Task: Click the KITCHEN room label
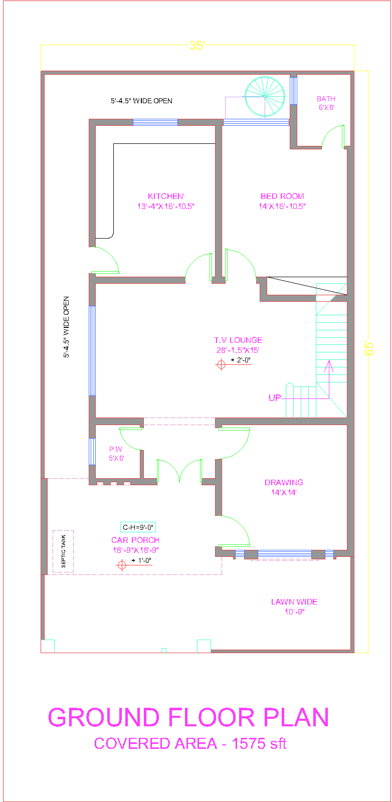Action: (166, 196)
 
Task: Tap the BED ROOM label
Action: (282, 196)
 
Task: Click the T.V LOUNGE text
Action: (238, 340)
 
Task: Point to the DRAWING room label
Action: (284, 483)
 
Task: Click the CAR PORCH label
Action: (135, 540)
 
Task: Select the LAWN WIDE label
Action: (294, 602)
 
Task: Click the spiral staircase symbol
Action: (265, 95)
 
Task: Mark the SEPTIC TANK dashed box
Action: (63, 551)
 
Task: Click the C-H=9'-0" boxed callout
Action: (138, 527)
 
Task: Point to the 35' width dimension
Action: (197, 46)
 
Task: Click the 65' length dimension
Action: (369, 348)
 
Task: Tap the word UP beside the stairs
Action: (275, 398)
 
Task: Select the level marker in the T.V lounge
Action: (221, 364)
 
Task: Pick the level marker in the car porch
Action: (121, 565)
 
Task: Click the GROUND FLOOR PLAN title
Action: (188, 717)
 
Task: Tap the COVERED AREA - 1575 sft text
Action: (190, 743)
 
